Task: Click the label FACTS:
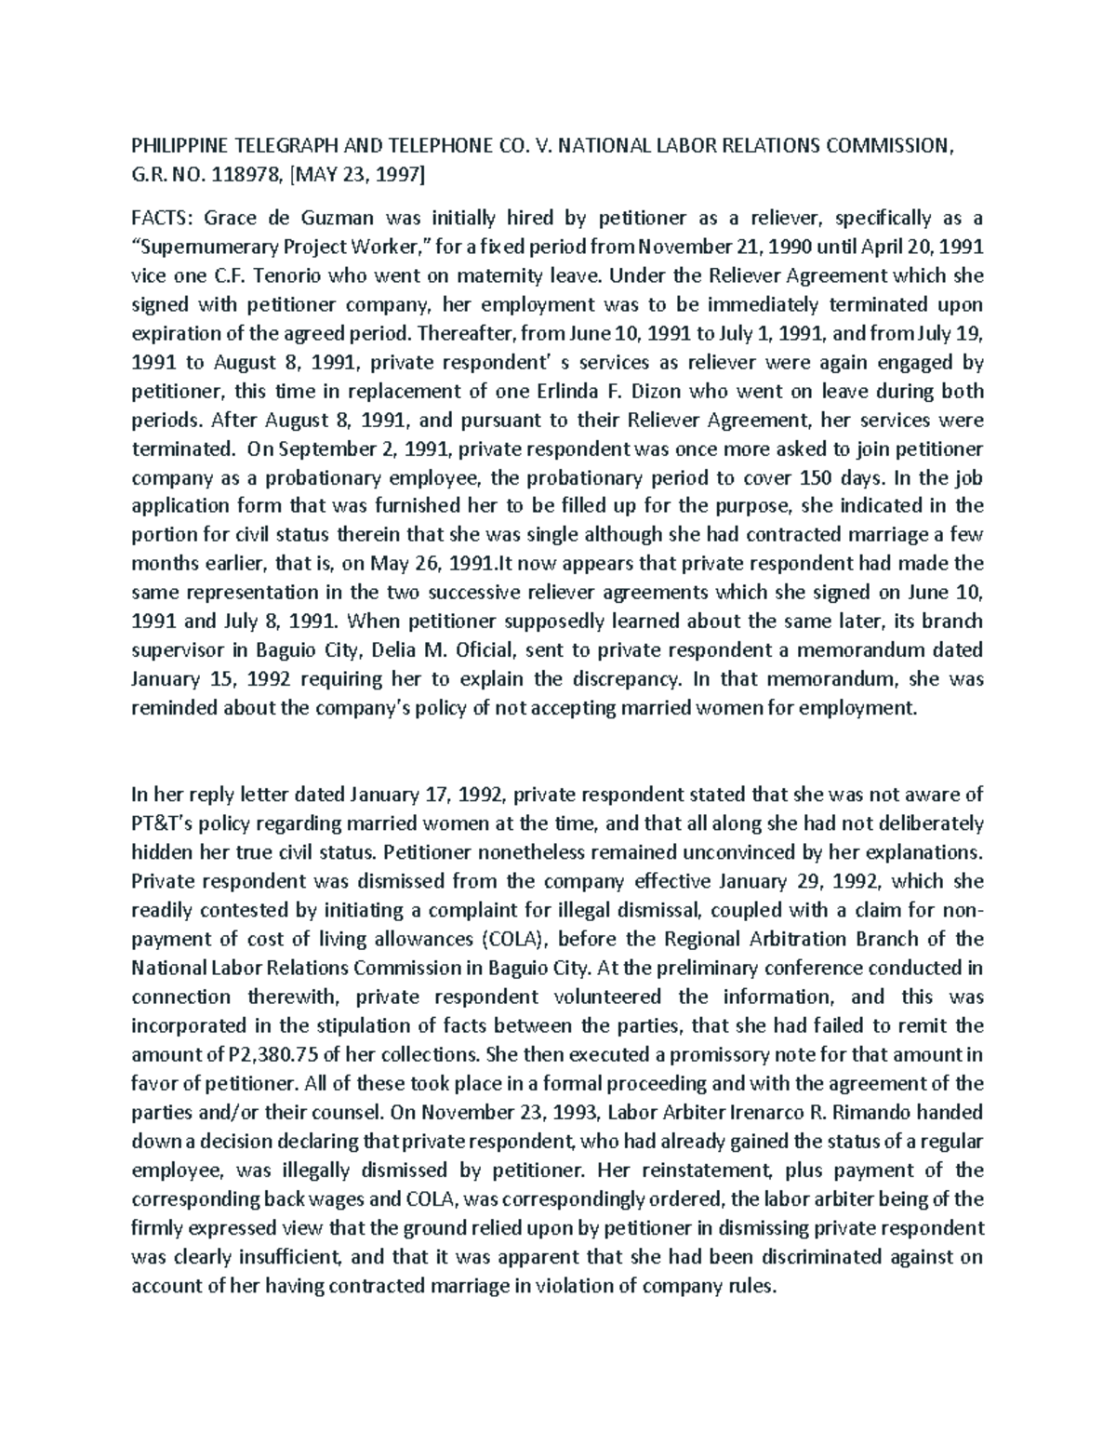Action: click(161, 219)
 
